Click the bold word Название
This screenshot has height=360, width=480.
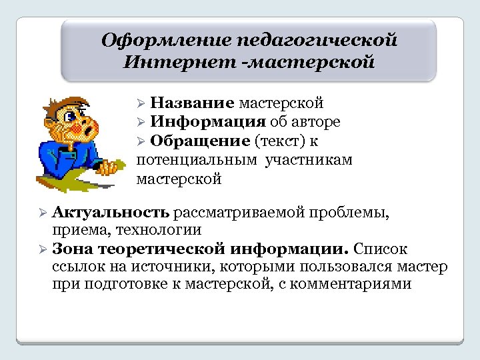click(192, 103)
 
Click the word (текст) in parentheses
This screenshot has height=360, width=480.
click(279, 141)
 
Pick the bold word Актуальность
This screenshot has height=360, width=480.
click(111, 212)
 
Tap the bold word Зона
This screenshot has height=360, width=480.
click(70, 249)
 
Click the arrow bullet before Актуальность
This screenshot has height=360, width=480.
click(41, 213)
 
